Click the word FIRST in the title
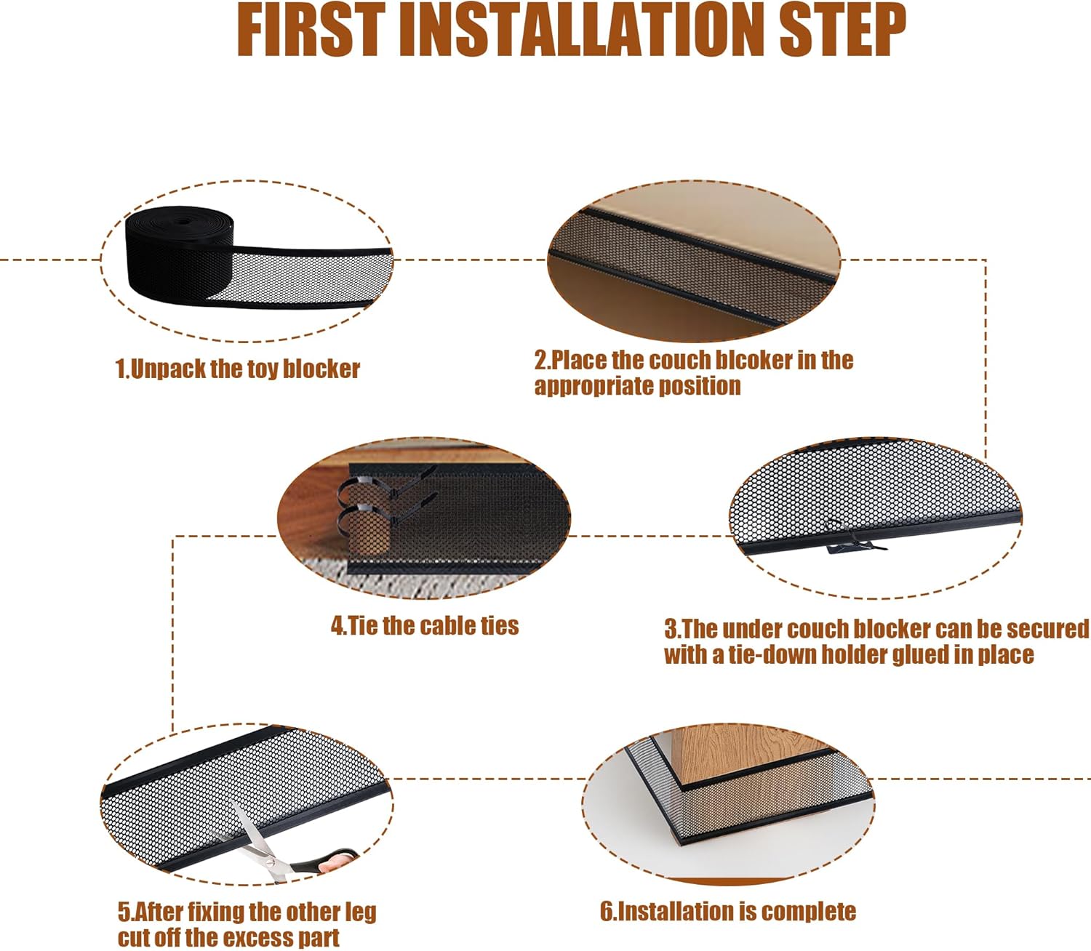point(311,30)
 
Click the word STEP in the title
point(842,30)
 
